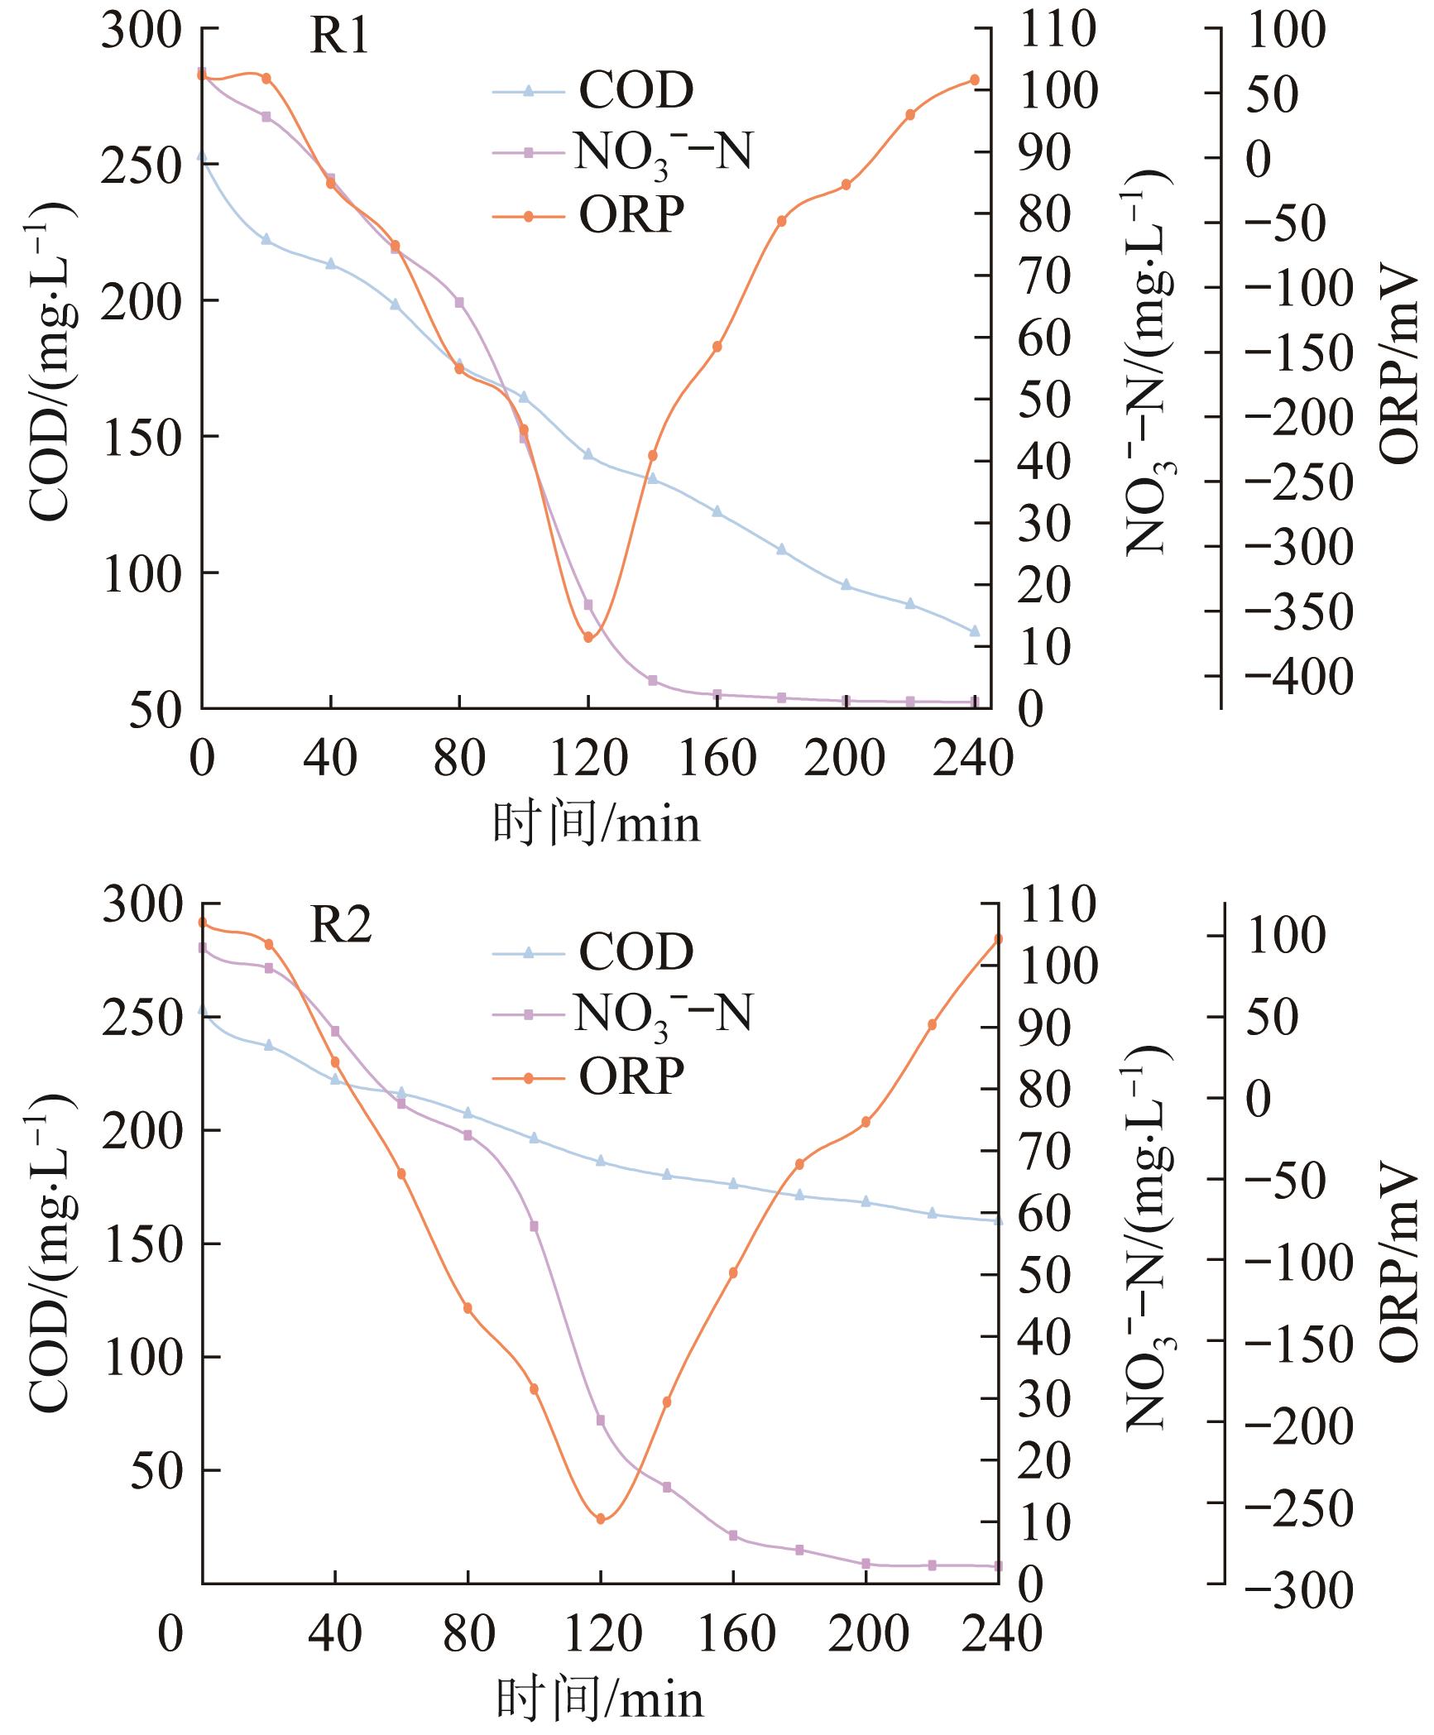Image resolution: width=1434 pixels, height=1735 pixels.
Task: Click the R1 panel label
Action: click(x=338, y=37)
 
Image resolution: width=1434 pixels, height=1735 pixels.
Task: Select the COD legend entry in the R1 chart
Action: click(x=635, y=91)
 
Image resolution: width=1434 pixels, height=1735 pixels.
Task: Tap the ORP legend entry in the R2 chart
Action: click(x=631, y=1076)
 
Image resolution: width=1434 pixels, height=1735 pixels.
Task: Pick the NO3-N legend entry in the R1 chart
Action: click(x=662, y=154)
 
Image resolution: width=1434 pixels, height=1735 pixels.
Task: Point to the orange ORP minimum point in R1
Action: click(x=588, y=637)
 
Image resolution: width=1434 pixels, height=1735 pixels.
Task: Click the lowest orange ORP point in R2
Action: click(x=601, y=1519)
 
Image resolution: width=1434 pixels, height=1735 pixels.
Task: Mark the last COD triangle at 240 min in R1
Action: click(x=974, y=630)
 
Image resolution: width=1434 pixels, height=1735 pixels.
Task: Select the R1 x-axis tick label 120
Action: click(x=588, y=758)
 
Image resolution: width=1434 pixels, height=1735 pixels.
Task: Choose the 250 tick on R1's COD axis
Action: click(x=141, y=165)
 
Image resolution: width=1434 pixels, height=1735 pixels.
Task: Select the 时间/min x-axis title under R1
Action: click(x=596, y=825)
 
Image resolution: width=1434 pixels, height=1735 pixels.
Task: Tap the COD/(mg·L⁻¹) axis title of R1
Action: click(x=51, y=364)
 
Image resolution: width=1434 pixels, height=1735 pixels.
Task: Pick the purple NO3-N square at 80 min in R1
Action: click(x=459, y=302)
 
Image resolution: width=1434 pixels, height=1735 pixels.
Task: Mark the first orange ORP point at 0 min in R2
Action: click(x=203, y=922)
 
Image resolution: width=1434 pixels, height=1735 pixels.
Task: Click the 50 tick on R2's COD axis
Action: click(x=156, y=1469)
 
